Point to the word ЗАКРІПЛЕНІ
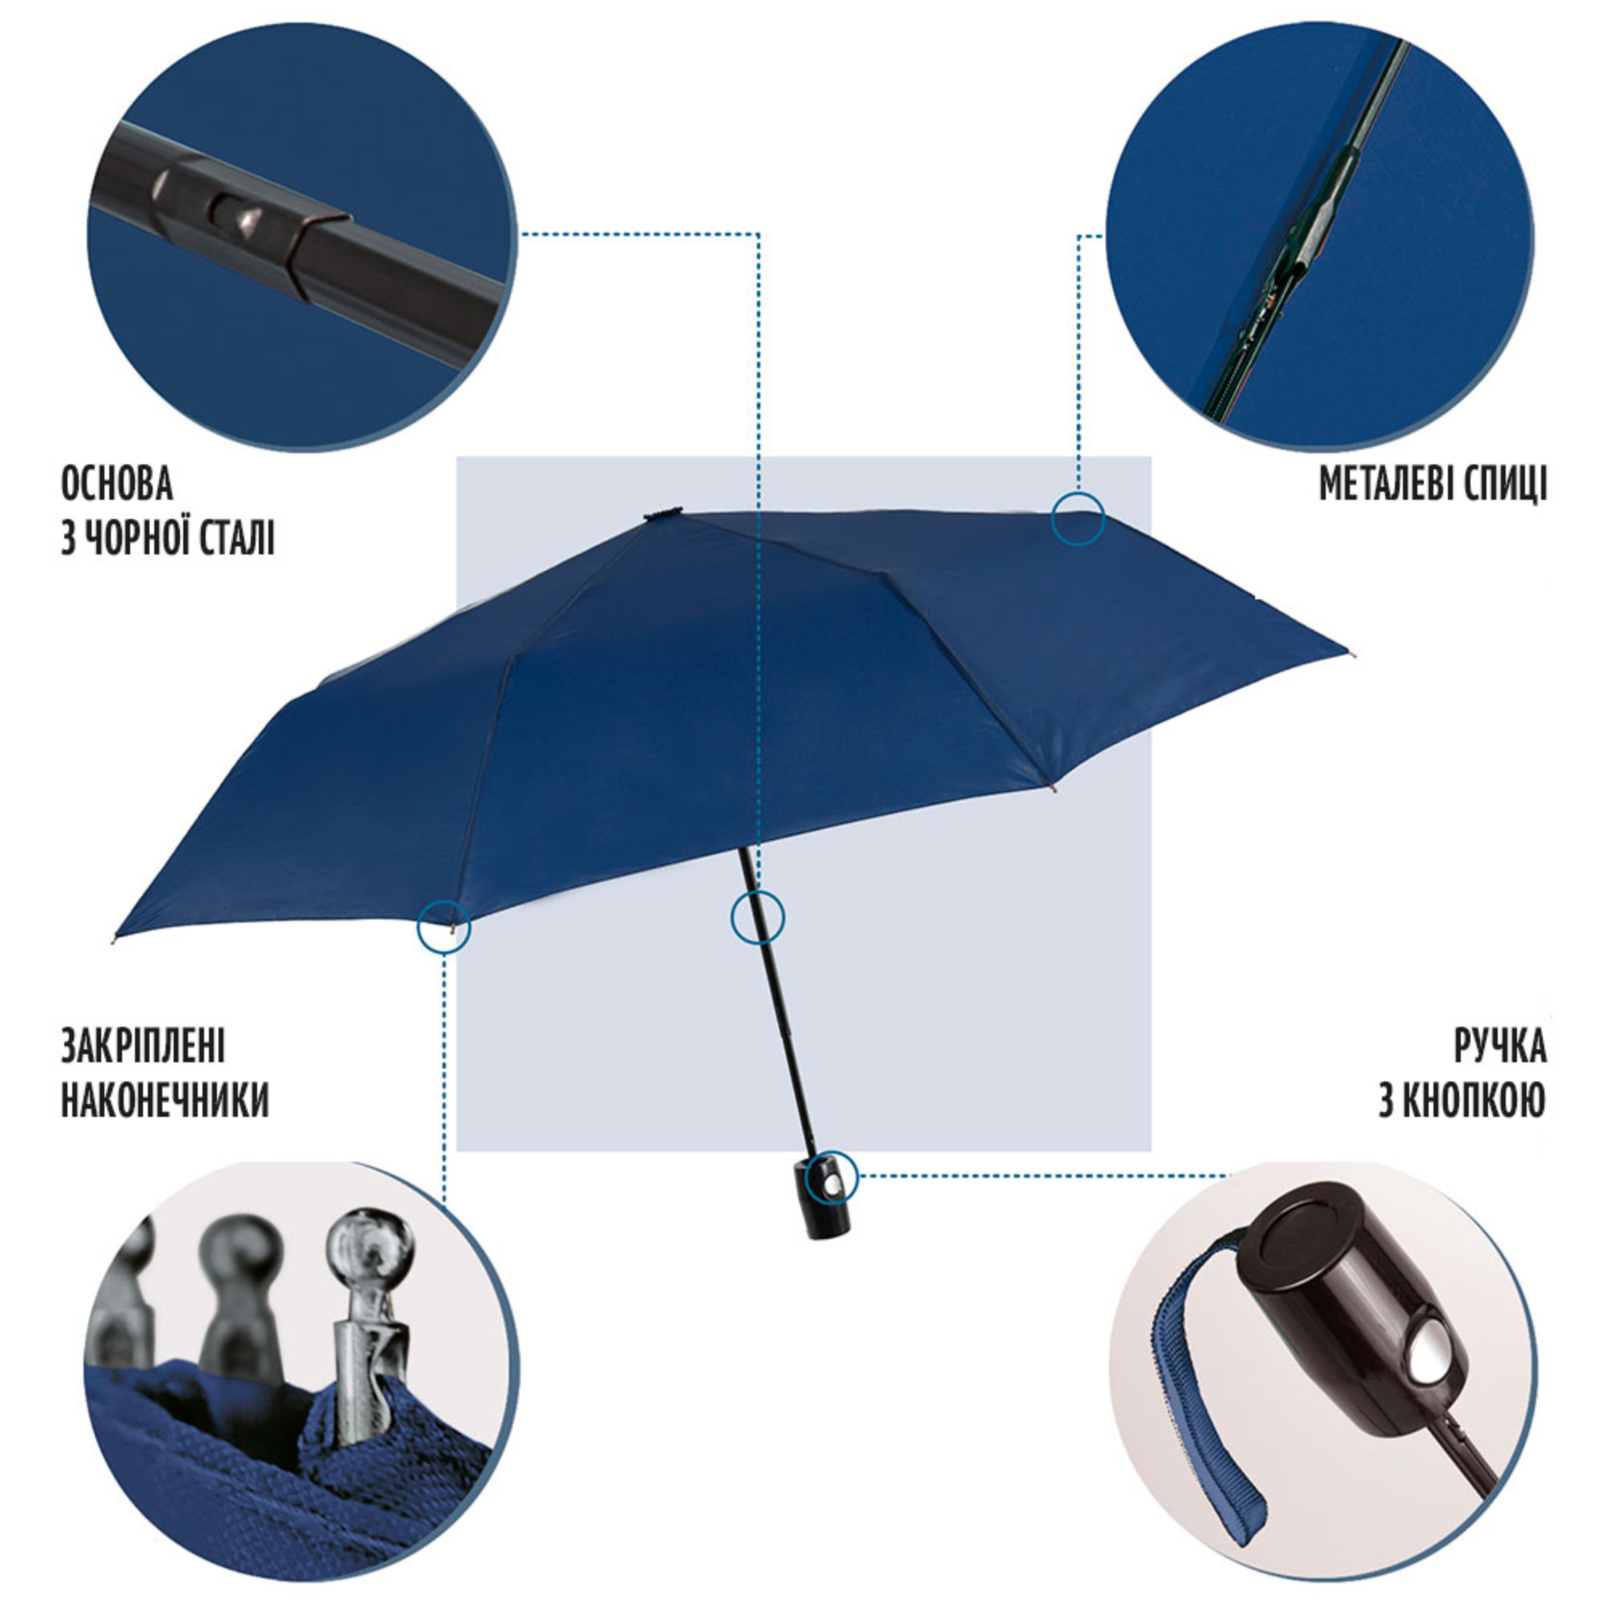click(x=143, y=1045)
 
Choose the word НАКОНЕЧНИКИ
click(x=165, y=1101)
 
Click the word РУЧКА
click(x=1499, y=1045)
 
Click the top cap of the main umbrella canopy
click(x=664, y=513)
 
